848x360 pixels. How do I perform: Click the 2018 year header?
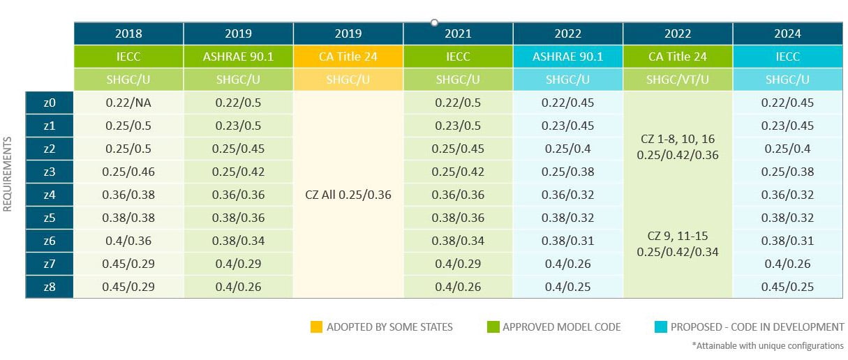coord(128,33)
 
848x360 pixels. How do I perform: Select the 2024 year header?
coord(787,33)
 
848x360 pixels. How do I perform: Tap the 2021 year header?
coord(458,33)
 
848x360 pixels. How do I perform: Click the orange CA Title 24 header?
coord(348,57)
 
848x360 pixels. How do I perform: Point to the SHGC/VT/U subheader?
coord(678,80)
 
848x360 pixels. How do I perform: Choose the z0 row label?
coord(49,103)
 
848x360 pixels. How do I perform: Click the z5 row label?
coord(49,217)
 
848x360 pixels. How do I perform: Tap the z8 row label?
coord(49,286)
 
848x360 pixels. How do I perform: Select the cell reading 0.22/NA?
coord(128,103)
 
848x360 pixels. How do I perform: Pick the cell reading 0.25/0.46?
coord(128,172)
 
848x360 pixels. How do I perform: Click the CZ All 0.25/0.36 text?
coord(348,195)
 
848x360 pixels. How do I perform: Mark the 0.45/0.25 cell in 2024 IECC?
coord(787,286)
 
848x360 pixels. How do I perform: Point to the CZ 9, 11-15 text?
coord(678,236)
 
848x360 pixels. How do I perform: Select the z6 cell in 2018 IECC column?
coord(128,240)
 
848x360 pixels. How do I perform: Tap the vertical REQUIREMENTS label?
coord(8,174)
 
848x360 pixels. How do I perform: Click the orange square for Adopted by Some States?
coord(316,327)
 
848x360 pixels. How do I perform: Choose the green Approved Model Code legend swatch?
coord(493,327)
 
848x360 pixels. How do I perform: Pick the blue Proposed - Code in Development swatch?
coord(660,327)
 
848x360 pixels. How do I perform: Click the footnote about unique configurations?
coord(768,345)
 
